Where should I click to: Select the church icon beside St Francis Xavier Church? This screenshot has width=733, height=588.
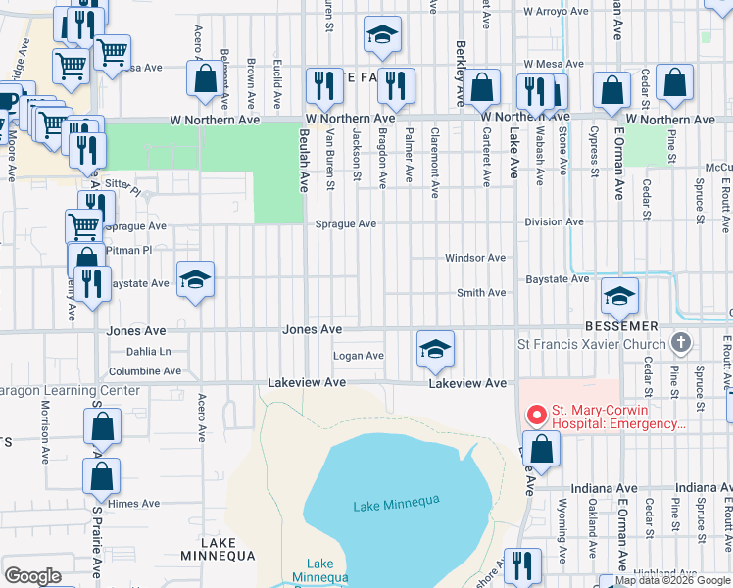point(681,344)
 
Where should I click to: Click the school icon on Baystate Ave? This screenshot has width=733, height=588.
point(195,280)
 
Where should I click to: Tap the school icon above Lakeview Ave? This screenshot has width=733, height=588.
point(435,348)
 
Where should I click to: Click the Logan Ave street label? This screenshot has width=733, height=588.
point(358,356)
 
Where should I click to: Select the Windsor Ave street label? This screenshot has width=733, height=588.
point(475,258)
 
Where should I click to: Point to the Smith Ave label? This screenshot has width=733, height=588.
point(481,293)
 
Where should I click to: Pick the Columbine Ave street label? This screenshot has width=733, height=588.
point(145,371)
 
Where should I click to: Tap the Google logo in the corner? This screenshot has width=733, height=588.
point(32,576)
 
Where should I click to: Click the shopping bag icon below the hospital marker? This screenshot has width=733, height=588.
point(540,450)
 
